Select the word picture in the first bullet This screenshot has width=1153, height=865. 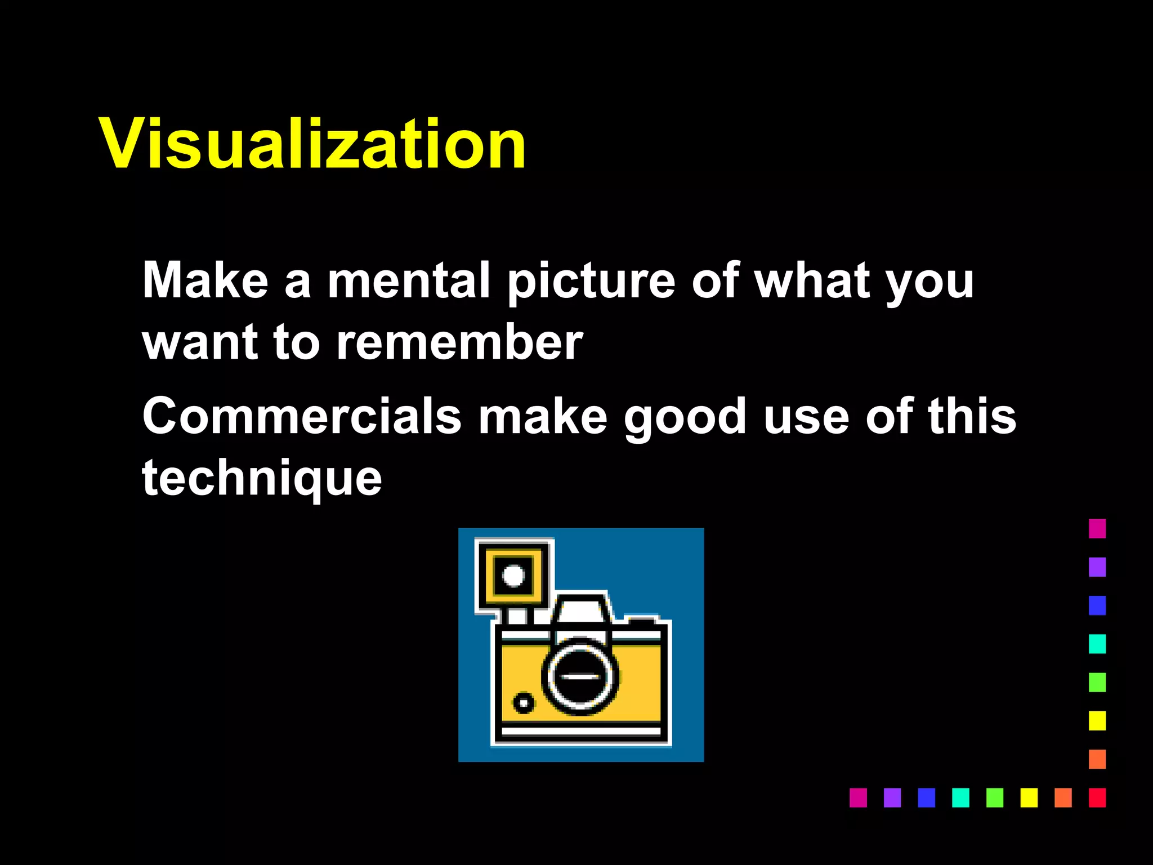point(591,282)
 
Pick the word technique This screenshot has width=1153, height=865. point(262,479)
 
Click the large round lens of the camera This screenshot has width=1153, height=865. point(580,676)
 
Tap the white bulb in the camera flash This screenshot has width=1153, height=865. point(513,576)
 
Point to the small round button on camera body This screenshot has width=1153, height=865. point(524,703)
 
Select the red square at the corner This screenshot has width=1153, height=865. point(1097,797)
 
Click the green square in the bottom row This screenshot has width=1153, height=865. point(995,797)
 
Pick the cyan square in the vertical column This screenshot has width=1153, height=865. point(1097,644)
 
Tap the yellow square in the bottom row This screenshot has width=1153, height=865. point(1029,797)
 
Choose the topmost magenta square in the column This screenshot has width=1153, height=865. point(1097,528)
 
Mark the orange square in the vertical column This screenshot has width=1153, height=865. point(1097,759)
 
